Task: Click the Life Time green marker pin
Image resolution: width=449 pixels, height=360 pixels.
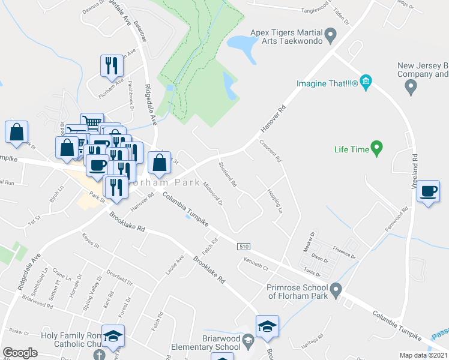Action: pyautogui.click(x=377, y=147)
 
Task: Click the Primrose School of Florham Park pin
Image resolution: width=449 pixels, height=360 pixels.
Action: pyautogui.click(x=336, y=291)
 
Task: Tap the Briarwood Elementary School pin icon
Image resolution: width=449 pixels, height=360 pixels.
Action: pyautogui.click(x=247, y=342)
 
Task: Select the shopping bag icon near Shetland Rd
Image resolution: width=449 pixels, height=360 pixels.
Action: pyautogui.click(x=159, y=162)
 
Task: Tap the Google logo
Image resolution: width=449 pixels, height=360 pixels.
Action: pyautogui.click(x=20, y=353)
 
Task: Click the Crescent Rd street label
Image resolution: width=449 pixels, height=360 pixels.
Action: pyautogui.click(x=270, y=151)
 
